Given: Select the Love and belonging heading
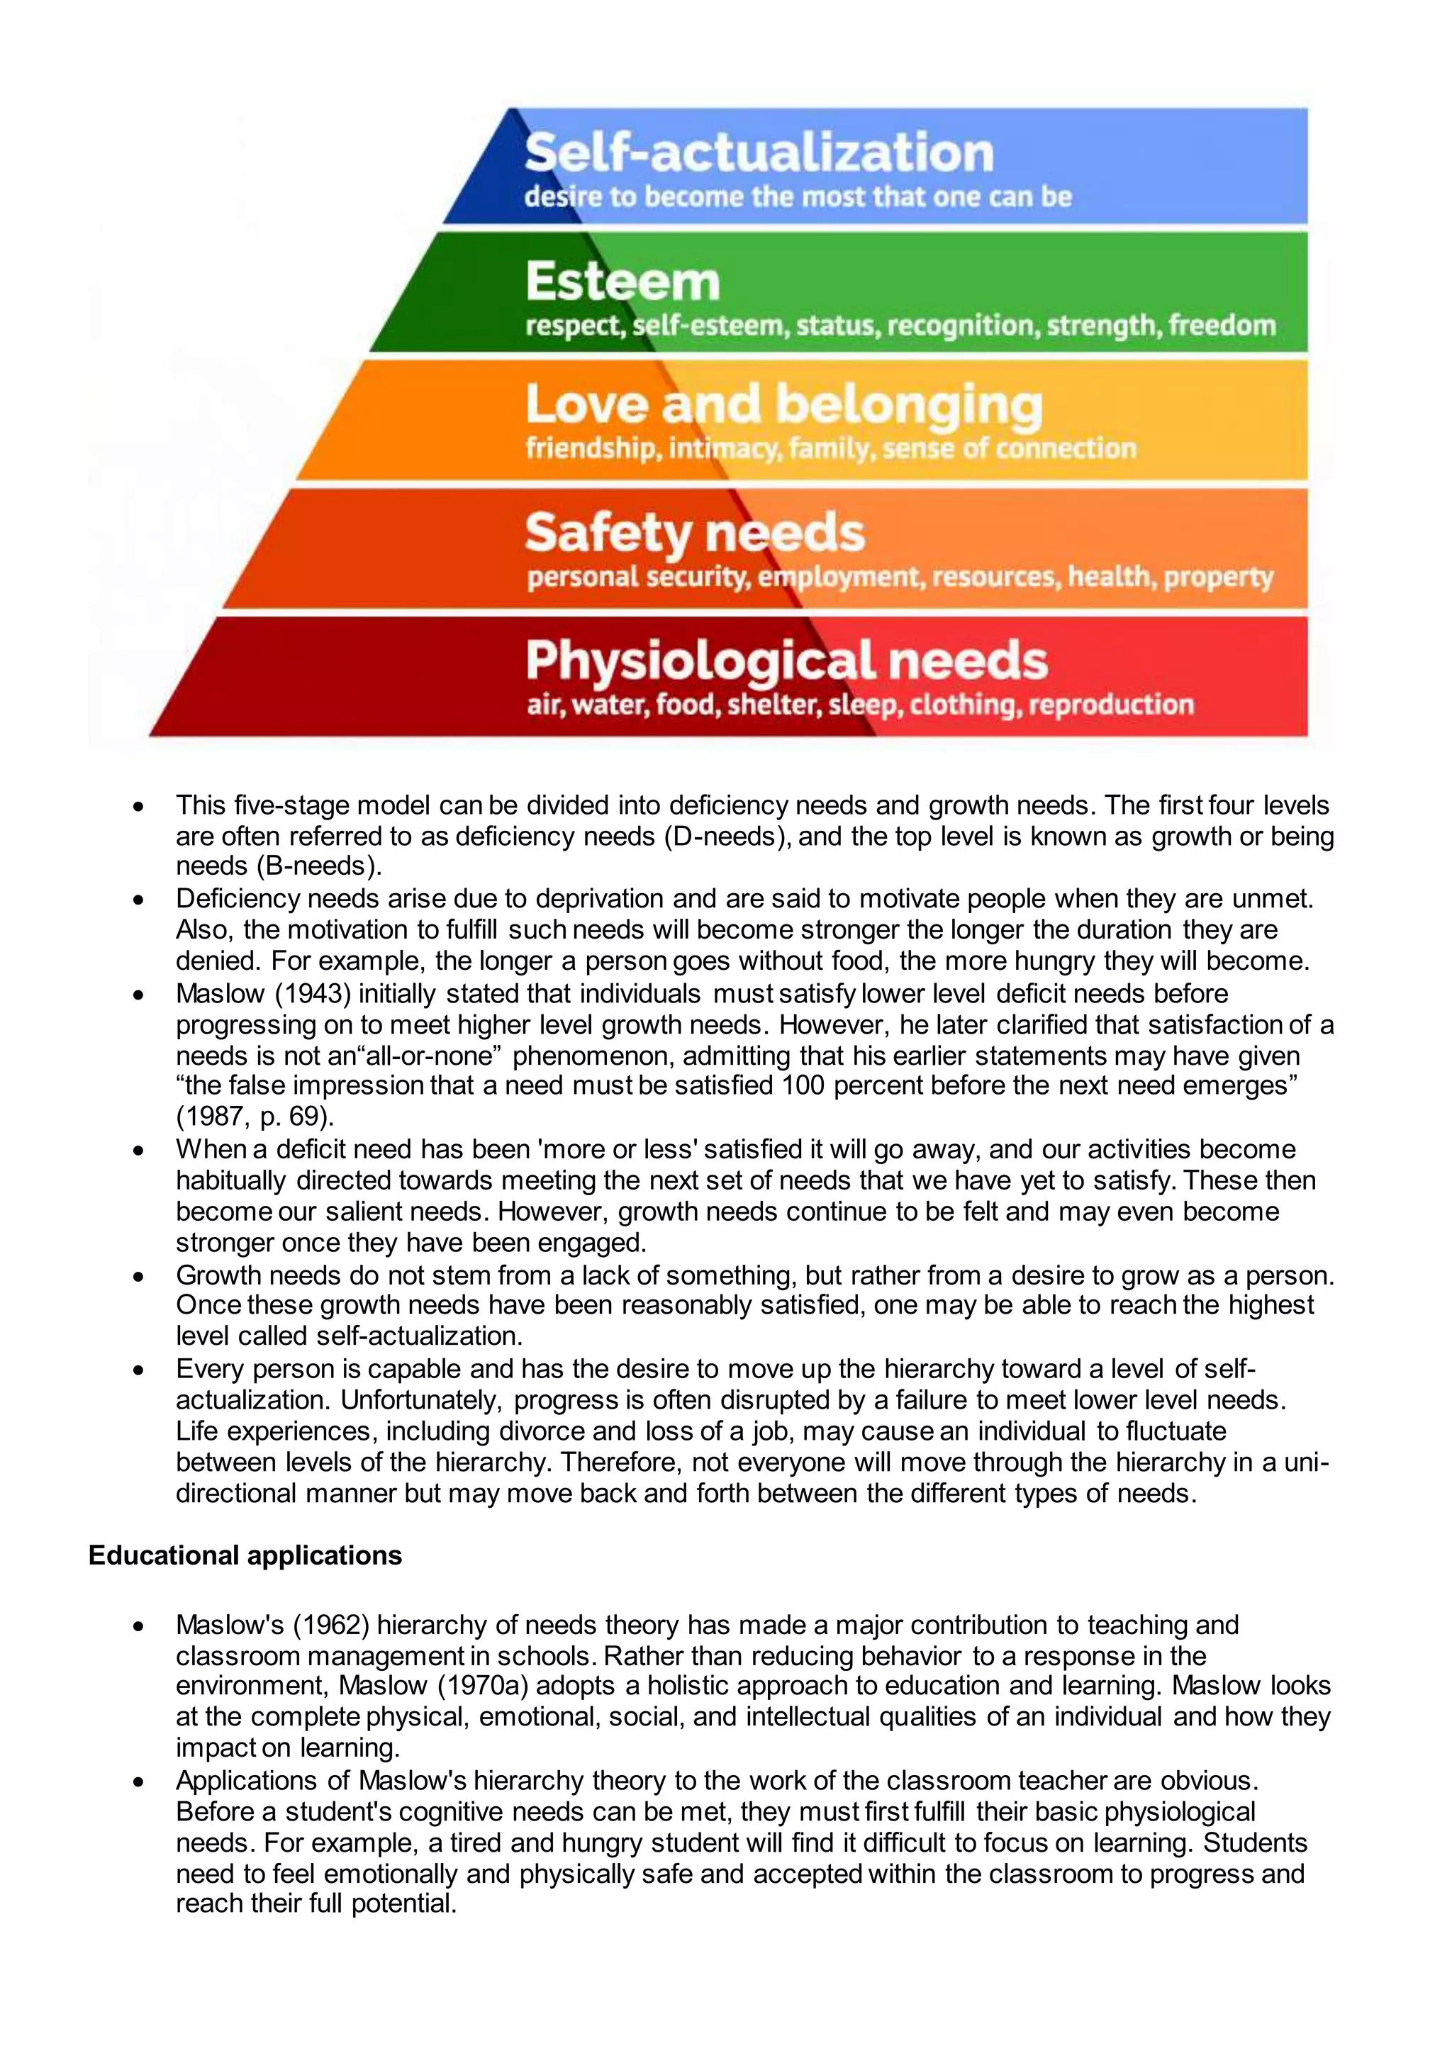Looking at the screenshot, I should pyautogui.click(x=783, y=405).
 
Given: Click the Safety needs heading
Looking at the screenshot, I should pyautogui.click(x=695, y=533).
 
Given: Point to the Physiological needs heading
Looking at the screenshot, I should pyautogui.click(x=786, y=661).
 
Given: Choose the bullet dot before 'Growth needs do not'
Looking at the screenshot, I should pyautogui.click(x=138, y=1277).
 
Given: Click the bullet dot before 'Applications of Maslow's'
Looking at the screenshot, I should pyautogui.click(x=138, y=1782).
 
